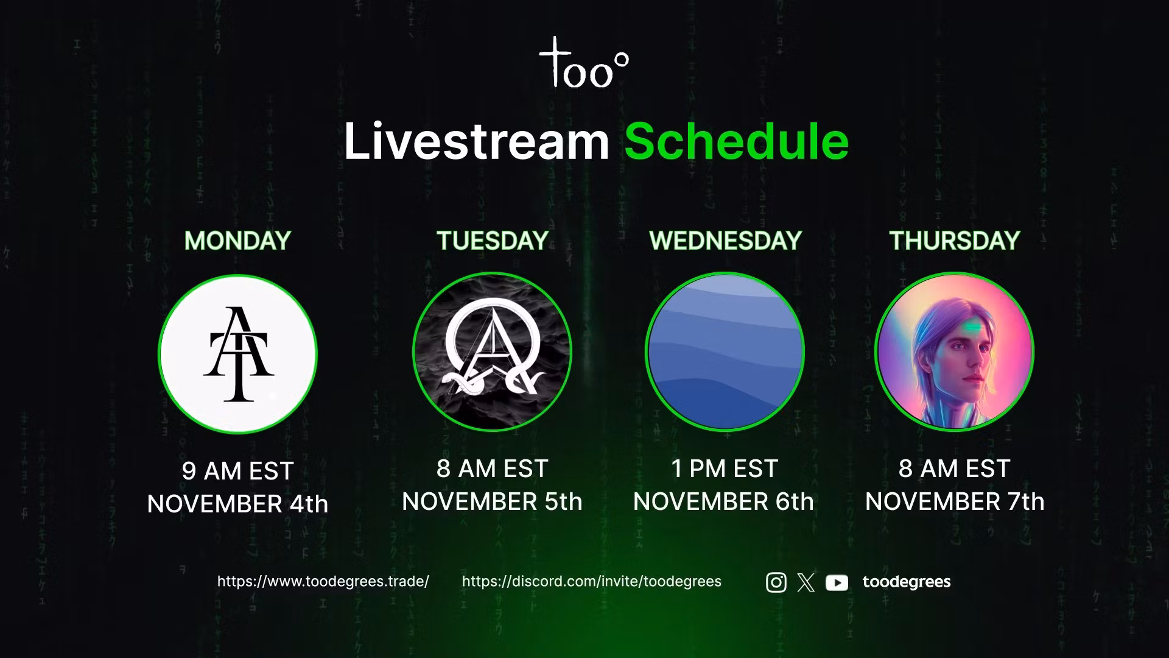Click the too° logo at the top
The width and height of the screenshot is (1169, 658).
(583, 62)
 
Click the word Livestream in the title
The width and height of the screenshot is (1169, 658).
(477, 141)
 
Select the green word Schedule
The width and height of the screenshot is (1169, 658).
(737, 141)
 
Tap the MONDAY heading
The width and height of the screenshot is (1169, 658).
(237, 241)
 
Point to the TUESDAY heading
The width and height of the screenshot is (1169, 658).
(493, 241)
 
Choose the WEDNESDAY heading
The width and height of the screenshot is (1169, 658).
(725, 241)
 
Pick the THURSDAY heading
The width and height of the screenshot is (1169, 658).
(955, 241)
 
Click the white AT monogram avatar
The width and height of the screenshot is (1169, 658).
(238, 354)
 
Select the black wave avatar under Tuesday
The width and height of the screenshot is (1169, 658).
(492, 352)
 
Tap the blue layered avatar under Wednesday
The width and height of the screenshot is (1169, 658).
(725, 352)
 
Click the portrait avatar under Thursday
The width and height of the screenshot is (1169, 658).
(955, 352)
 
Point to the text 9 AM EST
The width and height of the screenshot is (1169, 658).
(238, 471)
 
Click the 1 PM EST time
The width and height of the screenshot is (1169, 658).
(725, 469)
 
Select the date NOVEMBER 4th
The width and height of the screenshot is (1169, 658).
(238, 504)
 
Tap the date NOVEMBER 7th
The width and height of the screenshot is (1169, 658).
(955, 501)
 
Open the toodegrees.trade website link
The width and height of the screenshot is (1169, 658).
(323, 581)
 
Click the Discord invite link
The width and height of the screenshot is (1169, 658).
(592, 581)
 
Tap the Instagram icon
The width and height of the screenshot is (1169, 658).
(776, 582)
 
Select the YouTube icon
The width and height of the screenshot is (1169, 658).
(837, 583)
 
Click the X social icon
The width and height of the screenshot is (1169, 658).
(806, 582)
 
